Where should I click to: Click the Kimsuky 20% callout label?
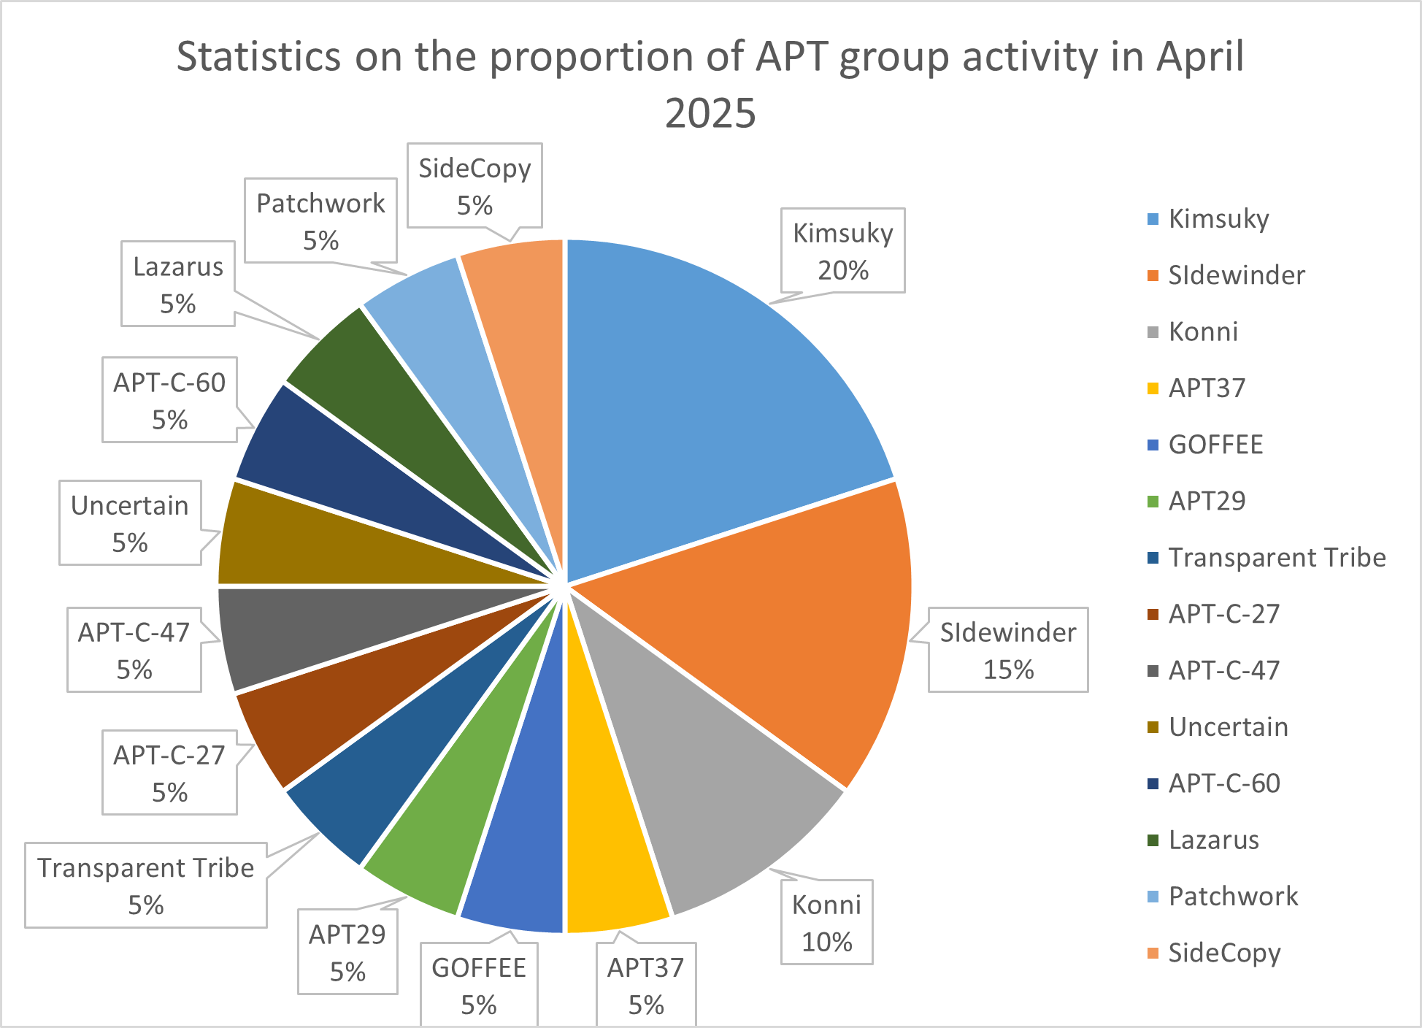(842, 250)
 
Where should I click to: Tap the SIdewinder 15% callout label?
(1007, 650)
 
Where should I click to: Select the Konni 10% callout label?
(826, 922)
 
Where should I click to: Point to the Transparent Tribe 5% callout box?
(146, 886)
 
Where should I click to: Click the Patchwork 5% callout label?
(320, 220)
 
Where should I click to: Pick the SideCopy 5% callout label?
(474, 185)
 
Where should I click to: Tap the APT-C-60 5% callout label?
(169, 399)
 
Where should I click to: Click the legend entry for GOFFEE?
(1215, 445)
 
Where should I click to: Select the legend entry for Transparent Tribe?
(1276, 558)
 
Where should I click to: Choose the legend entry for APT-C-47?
(1223, 670)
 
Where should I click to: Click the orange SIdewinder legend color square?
(1153, 275)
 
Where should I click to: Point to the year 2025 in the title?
(710, 113)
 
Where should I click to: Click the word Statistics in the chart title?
(259, 56)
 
